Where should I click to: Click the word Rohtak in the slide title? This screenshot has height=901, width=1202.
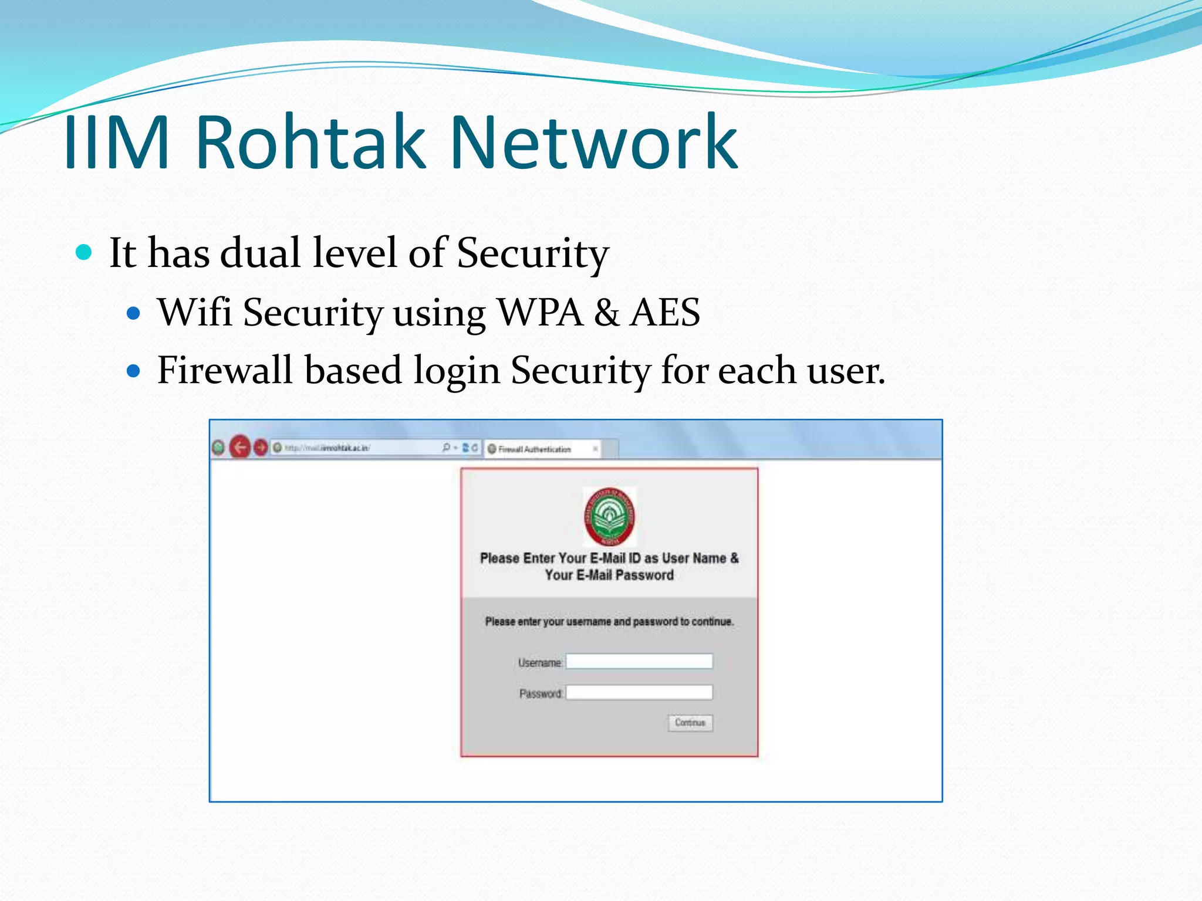tap(310, 143)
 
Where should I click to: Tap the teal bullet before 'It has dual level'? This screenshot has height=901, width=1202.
tap(85, 252)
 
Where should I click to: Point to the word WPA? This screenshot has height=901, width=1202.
tap(540, 312)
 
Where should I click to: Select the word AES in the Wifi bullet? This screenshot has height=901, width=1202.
tap(664, 312)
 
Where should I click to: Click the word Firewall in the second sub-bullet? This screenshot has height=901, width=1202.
tap(225, 370)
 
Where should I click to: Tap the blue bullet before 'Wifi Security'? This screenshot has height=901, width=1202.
tap(134, 313)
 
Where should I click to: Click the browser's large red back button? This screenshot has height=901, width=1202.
tap(239, 448)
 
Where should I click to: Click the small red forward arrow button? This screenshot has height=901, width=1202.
tap(261, 448)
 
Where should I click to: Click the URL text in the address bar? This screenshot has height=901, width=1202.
tap(327, 448)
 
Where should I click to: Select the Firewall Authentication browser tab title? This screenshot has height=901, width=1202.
tap(534, 449)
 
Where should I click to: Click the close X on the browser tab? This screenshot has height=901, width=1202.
tap(595, 449)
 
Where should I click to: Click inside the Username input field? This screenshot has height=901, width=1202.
tap(639, 662)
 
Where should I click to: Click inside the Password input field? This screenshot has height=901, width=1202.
tap(639, 693)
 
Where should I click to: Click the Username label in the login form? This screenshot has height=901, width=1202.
tap(539, 663)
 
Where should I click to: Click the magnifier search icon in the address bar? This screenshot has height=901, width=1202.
tap(446, 448)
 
